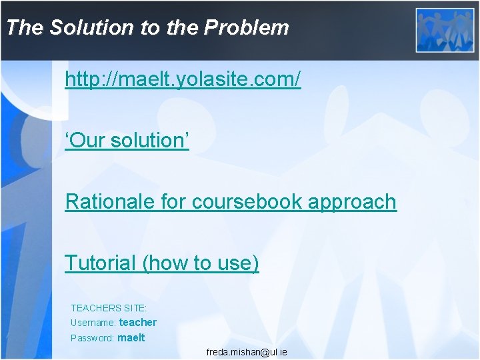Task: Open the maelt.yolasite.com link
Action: click(183, 80)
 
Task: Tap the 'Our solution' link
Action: click(127, 141)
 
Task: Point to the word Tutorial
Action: click(100, 263)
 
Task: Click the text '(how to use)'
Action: click(201, 263)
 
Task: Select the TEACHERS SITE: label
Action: click(109, 308)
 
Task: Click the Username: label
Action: click(93, 323)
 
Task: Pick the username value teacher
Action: click(137, 323)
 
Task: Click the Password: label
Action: click(92, 338)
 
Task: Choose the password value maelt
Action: click(131, 337)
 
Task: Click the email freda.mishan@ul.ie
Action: click(247, 351)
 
